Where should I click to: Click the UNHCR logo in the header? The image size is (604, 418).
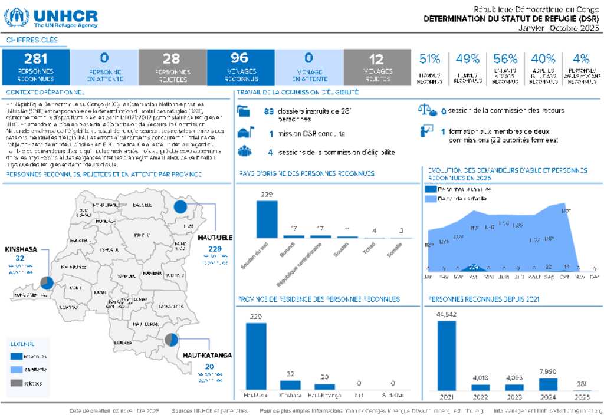tap(51, 17)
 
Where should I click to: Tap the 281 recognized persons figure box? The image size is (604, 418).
tap(36, 66)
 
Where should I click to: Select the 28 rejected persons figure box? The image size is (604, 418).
tap(172, 66)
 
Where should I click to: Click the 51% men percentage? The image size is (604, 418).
tap(430, 59)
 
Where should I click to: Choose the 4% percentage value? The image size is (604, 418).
tap(581, 59)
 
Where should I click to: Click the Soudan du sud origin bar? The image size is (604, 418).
tap(267, 219)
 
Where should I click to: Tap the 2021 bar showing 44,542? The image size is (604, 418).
tap(447, 356)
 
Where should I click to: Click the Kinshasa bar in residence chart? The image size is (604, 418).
tap(290, 384)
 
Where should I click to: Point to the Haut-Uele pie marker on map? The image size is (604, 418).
tap(180, 207)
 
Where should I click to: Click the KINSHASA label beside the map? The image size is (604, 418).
tap(21, 249)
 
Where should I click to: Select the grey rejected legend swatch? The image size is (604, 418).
tap(15, 383)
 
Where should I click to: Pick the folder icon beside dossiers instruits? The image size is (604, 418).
tap(244, 111)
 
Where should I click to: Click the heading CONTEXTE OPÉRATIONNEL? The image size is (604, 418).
tap(45, 93)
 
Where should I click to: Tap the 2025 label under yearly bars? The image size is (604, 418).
tap(581, 396)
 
